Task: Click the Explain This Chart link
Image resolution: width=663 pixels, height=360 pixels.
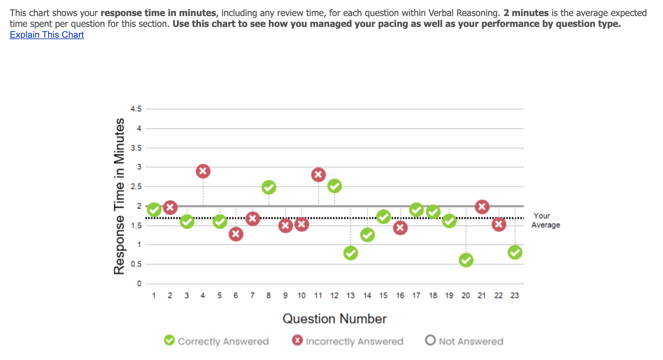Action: pos(47,35)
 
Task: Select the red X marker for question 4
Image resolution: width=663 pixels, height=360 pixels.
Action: pos(203,171)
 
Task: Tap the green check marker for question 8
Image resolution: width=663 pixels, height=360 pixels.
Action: pos(269,187)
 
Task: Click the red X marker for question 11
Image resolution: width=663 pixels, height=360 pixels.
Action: pos(318,175)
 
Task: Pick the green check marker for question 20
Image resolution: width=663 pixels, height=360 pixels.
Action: pos(466,260)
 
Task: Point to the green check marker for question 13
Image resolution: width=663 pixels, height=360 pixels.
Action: pos(350,253)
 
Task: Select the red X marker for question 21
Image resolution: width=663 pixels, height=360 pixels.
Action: pos(482,207)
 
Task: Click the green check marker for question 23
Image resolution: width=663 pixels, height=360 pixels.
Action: pos(515,252)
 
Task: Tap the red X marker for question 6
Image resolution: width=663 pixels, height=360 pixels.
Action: pos(236,234)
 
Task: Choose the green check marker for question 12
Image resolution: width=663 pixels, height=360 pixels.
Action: pos(334,186)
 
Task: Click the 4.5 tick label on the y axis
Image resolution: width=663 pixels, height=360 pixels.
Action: pos(136,109)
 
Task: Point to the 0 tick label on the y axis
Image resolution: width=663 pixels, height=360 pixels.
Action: pos(139,283)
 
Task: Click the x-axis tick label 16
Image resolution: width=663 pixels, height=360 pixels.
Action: pos(400,296)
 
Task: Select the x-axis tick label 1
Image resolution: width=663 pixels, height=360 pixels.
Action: pos(154,296)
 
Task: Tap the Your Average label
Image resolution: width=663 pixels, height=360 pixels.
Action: pos(545,221)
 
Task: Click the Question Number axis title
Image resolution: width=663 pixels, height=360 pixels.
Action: pos(334,319)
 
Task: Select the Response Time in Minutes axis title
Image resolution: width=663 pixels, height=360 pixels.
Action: pos(119,196)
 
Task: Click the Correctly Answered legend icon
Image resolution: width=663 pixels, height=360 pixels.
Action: pos(170,340)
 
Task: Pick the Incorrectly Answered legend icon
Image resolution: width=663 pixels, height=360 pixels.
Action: pos(298,340)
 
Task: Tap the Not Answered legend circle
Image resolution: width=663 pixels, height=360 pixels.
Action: pos(430,340)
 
